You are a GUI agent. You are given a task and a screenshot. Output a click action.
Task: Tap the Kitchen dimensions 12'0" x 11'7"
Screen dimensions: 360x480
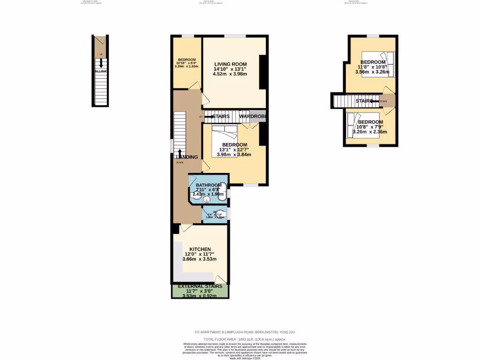pyautogui.click(x=200, y=254)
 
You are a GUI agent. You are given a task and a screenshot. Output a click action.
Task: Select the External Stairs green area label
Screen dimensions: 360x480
pyautogui.click(x=200, y=286)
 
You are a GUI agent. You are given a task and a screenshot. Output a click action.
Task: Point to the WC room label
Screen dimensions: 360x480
pyautogui.click(x=215, y=212)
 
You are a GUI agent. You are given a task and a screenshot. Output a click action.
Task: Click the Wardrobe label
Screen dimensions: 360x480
pyautogui.click(x=253, y=116)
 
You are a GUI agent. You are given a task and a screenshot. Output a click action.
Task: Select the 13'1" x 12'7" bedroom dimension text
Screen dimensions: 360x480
pyautogui.click(x=233, y=150)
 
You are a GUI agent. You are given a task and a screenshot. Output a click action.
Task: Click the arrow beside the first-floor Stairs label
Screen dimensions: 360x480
pyautogui.click(x=206, y=116)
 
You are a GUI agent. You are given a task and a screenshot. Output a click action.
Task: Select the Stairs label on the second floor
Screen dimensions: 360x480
pyautogui.click(x=364, y=101)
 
